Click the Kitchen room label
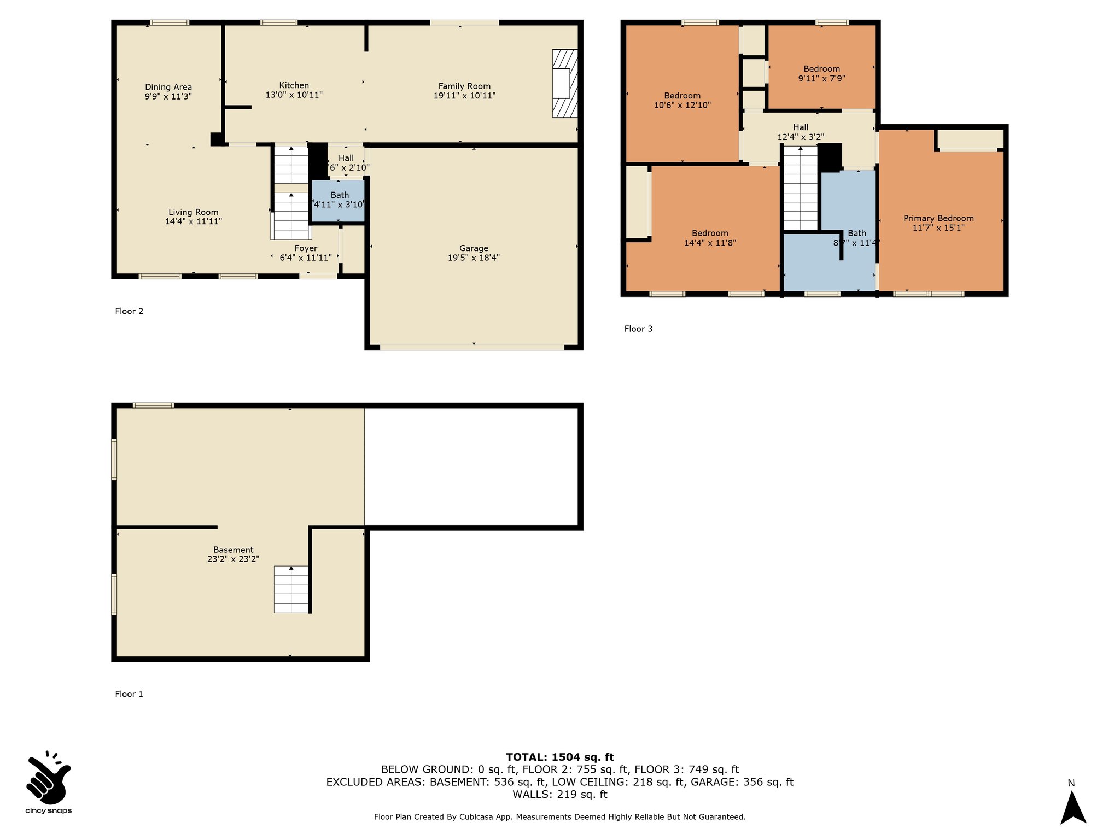tap(294, 85)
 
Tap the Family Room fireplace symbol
tap(565, 83)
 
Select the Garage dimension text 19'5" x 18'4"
tap(474, 258)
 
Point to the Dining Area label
tap(168, 87)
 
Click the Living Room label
tap(194, 212)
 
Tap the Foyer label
tap(306, 248)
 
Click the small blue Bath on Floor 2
tap(338, 201)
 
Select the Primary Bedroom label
tap(938, 218)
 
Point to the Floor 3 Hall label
tap(801, 127)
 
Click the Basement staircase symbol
tap(291, 589)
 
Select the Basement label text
tap(234, 550)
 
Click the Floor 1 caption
tap(129, 694)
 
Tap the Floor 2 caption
tap(129, 311)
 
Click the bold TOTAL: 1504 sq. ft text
tap(560, 757)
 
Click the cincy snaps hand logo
tap(48, 777)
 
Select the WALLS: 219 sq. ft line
tap(560, 794)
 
